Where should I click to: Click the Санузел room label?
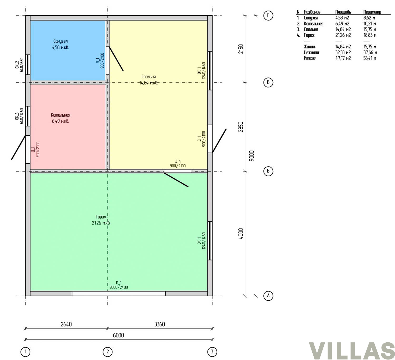click(x=61, y=41)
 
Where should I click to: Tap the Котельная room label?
click(x=61, y=115)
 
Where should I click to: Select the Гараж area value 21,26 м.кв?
click(x=101, y=223)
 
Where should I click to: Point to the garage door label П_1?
click(x=119, y=283)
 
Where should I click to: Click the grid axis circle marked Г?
click(x=268, y=15)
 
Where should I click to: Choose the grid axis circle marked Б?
click(x=268, y=171)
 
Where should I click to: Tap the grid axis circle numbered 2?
click(x=107, y=352)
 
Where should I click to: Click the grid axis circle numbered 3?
click(x=212, y=352)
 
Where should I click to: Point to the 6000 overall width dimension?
click(x=118, y=335)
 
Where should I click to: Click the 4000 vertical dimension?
click(x=241, y=234)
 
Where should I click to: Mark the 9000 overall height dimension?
click(x=252, y=156)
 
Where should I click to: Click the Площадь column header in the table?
click(x=343, y=12)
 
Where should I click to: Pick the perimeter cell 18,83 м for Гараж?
click(x=370, y=35)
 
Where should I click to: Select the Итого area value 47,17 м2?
click(x=343, y=58)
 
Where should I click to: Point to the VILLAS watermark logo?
click(x=352, y=351)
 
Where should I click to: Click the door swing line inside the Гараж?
click(x=176, y=180)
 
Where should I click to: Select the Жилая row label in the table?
click(x=309, y=47)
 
